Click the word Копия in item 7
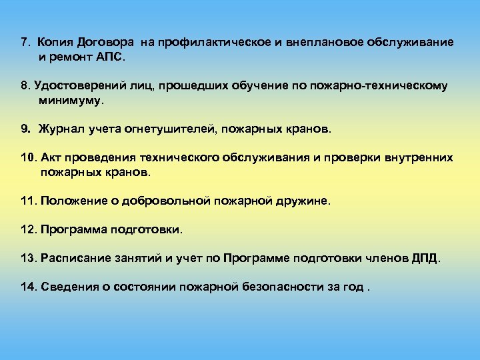[x=55, y=43]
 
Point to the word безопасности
[x=301, y=287]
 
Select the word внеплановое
[x=320, y=43]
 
